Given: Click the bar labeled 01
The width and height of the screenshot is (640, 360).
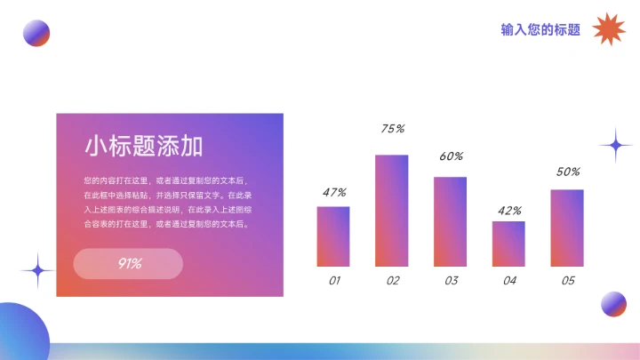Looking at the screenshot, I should tap(333, 236).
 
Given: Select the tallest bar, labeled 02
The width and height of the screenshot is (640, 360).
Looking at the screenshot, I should tap(391, 211).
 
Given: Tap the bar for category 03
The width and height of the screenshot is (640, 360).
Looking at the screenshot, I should tap(450, 221).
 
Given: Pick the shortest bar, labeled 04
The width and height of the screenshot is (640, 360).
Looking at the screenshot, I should tap(508, 244).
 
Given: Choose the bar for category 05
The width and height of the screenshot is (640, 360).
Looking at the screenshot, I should tap(567, 228).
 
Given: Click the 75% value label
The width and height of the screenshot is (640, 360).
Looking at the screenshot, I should tap(392, 129).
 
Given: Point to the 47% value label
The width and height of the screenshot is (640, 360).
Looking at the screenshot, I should tap(334, 192).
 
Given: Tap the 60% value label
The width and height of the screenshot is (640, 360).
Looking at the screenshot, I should tap(451, 156).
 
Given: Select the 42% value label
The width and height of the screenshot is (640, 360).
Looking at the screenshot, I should tap(509, 211).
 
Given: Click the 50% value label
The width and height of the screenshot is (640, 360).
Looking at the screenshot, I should tap(568, 172).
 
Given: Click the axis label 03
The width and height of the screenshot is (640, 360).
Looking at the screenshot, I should tap(451, 281).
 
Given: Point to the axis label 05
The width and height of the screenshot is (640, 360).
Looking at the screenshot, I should tap(568, 281).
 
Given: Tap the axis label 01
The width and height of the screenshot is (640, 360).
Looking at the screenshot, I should tap(334, 281).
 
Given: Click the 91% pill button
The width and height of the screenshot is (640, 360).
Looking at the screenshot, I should tap(128, 263).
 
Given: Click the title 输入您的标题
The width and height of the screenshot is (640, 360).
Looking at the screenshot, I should tap(540, 29).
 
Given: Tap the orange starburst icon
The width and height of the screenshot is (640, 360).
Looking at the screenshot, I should tap(610, 29).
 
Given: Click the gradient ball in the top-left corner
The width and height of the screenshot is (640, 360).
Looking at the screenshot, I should tap(36, 33).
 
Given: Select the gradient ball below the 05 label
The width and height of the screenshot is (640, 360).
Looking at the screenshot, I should tap(613, 304).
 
